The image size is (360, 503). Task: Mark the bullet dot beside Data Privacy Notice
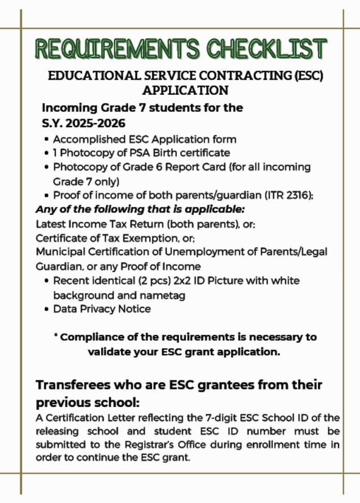pyautogui.click(x=46, y=310)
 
